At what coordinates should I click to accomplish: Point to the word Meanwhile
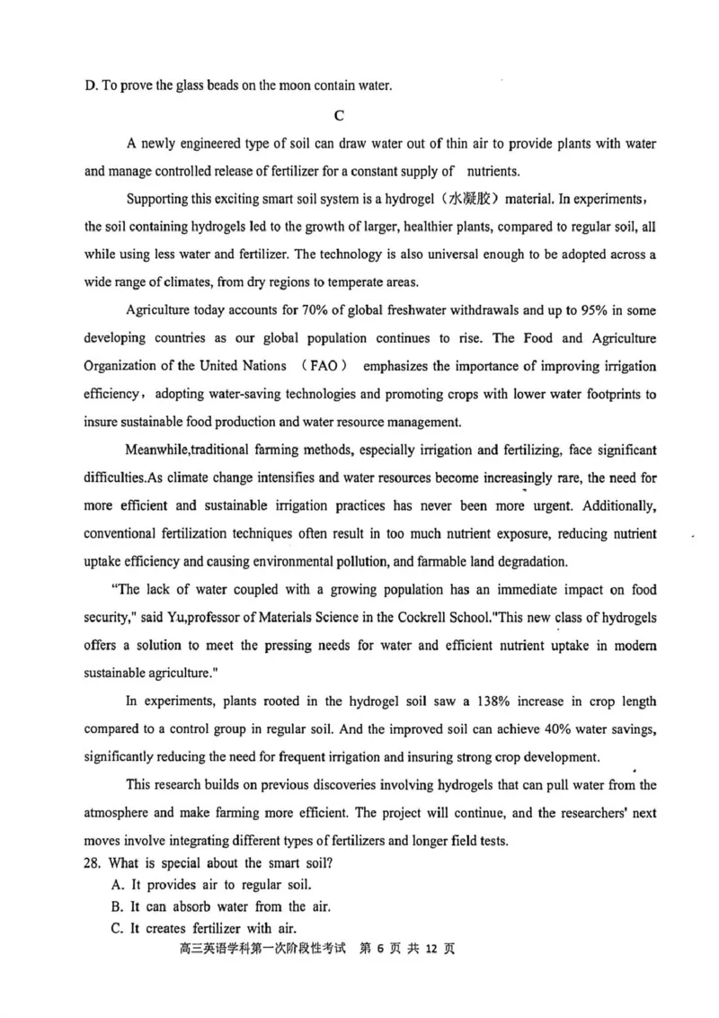coord(159,449)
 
